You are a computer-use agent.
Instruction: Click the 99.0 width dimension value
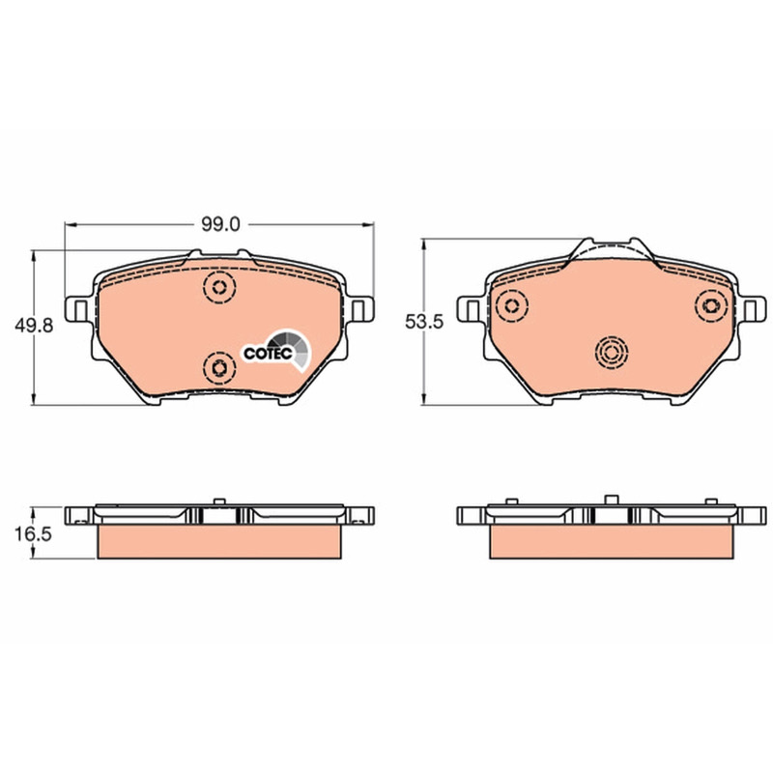click(x=220, y=225)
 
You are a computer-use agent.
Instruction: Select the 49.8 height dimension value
click(x=34, y=326)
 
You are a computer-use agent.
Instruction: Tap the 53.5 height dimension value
click(x=424, y=322)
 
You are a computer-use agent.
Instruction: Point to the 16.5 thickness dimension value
click(x=33, y=534)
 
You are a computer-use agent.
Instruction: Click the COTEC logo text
click(x=269, y=354)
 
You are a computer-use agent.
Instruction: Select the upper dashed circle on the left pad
click(x=219, y=287)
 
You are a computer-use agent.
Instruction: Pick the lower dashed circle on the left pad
click(x=219, y=367)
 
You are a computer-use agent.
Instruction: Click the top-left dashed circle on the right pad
click(x=512, y=306)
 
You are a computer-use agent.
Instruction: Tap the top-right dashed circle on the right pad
click(x=711, y=305)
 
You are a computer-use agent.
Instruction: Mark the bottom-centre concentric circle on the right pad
click(x=612, y=353)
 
